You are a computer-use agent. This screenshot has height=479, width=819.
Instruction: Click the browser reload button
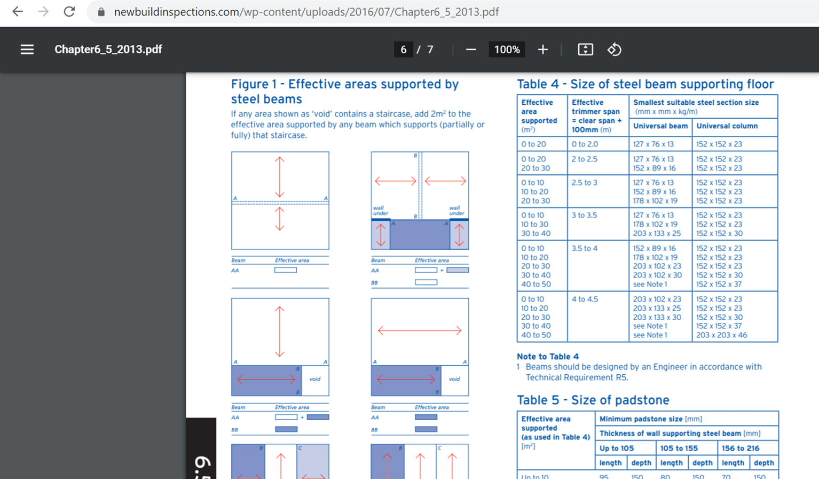point(69,12)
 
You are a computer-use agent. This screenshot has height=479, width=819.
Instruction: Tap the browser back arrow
point(18,12)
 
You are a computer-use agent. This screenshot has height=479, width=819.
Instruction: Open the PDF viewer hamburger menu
point(27,49)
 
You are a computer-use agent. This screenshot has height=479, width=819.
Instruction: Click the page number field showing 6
point(403,49)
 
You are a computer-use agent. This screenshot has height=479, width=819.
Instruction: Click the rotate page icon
point(614,49)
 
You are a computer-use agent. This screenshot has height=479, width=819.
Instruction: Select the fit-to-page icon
point(585,49)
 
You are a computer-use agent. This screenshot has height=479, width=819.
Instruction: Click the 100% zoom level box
point(507,49)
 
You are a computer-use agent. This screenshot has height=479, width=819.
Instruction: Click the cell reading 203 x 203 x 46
point(721,335)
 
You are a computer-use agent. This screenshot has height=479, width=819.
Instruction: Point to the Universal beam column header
point(660,126)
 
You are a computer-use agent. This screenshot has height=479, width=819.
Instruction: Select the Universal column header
point(727,126)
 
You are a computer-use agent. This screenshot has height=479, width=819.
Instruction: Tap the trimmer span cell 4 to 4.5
point(585,299)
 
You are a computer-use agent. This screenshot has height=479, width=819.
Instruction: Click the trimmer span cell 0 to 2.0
point(585,144)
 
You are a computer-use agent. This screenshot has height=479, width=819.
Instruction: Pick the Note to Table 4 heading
point(548,357)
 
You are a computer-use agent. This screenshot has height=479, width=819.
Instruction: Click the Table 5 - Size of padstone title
point(593,400)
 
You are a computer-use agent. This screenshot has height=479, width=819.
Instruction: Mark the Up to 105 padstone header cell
point(617,448)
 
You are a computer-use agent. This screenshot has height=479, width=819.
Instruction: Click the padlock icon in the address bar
point(101,12)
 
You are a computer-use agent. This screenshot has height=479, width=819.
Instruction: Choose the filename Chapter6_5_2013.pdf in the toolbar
point(108,49)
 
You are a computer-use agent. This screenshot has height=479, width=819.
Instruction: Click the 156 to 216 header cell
point(741,448)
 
